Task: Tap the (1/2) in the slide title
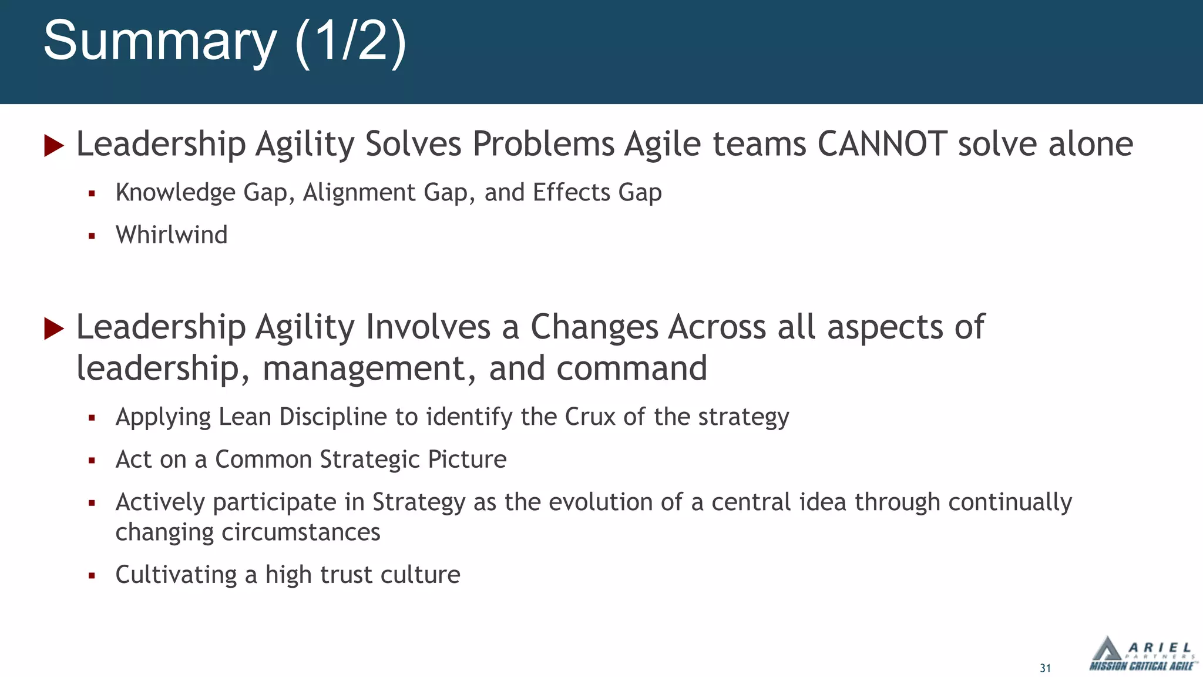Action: coord(350,41)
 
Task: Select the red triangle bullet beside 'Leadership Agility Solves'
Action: coord(53,145)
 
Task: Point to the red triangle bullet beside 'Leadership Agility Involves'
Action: coord(53,329)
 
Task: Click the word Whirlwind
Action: coord(172,235)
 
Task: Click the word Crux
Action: coord(590,417)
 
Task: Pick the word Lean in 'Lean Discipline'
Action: coord(244,417)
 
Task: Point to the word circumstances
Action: coord(300,532)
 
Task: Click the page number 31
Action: coord(1045,668)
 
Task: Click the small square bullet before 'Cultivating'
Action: coord(92,575)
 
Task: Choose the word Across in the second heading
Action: coord(717,327)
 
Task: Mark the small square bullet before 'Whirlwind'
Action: coord(92,236)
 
